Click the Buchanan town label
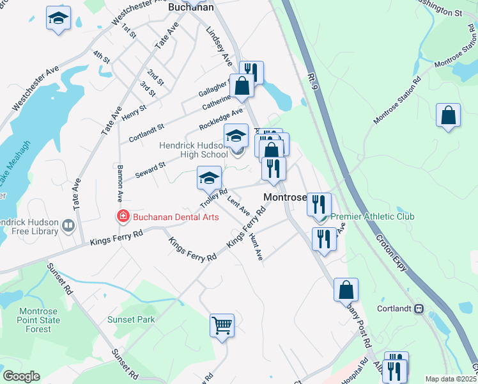190,8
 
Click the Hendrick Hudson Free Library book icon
68,225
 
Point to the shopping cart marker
222,325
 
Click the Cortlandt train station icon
419,308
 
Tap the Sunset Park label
131,319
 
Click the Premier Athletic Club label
372,216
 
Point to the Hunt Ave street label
256,246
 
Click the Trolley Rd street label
214,197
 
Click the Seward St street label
151,170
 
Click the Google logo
21,376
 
